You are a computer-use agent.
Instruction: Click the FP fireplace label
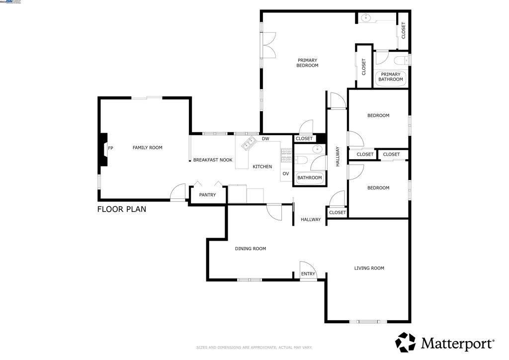click(x=110, y=148)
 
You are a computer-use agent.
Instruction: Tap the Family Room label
click(x=147, y=148)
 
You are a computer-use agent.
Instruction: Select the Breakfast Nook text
click(x=213, y=160)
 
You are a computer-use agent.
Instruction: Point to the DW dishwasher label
click(x=265, y=139)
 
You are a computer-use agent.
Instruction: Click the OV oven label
click(x=286, y=174)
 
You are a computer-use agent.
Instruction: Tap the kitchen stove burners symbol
click(x=286, y=155)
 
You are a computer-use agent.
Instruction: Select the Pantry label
click(x=207, y=195)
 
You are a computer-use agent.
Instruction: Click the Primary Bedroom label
click(x=307, y=63)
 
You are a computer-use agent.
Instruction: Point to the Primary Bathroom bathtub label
click(x=390, y=77)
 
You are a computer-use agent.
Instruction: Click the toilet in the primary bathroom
click(x=400, y=61)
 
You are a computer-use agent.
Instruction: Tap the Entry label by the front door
click(x=308, y=274)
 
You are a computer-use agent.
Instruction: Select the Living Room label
click(x=369, y=268)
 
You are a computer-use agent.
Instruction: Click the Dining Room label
click(x=251, y=249)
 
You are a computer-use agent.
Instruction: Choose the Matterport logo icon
click(x=405, y=343)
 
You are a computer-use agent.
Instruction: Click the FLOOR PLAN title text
click(x=122, y=209)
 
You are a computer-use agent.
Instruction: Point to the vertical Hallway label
click(x=338, y=156)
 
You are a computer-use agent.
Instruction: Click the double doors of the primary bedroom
click(x=269, y=45)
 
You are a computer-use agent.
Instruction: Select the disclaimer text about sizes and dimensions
click(x=254, y=347)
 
